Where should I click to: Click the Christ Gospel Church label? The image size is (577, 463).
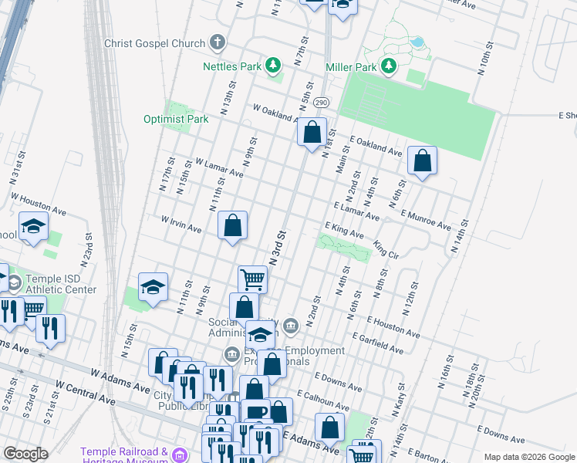156,44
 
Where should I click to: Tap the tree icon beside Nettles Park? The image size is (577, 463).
273,66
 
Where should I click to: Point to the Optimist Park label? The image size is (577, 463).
176,119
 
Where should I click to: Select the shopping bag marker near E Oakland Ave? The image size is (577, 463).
422,161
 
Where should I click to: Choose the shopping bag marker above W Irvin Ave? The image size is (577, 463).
233,225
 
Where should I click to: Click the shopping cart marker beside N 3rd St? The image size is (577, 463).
251,279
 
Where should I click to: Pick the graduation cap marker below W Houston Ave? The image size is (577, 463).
33,227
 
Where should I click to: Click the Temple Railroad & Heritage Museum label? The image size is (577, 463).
125,456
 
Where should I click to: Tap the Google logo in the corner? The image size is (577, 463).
25,454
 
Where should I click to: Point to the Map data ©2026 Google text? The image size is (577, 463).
529,457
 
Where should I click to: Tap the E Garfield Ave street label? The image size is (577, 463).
376,344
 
